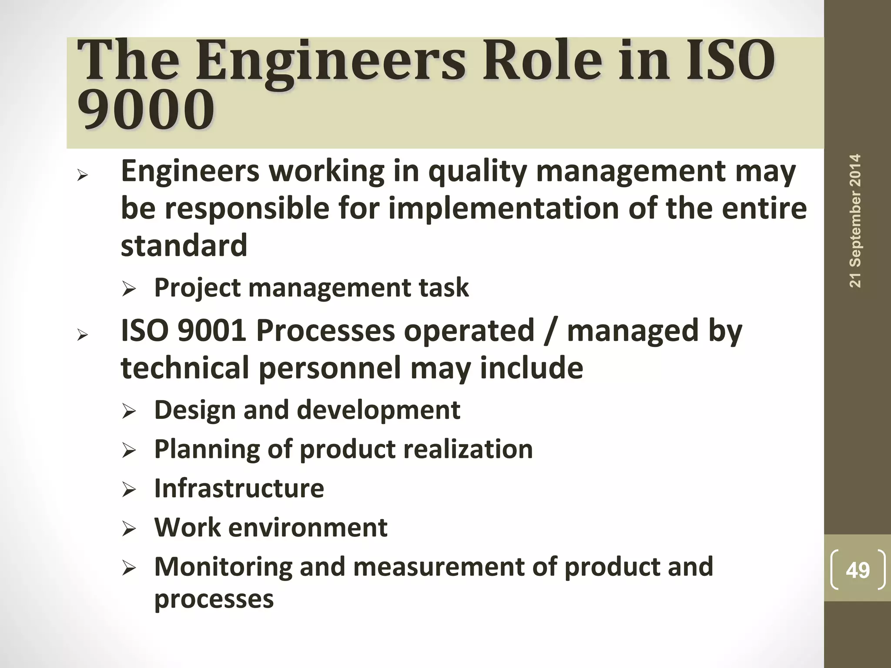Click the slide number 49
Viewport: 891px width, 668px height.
click(x=858, y=570)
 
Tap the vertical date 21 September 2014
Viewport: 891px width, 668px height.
click(x=855, y=221)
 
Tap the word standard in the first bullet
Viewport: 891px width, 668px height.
click(x=184, y=245)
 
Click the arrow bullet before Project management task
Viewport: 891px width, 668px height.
click(x=129, y=289)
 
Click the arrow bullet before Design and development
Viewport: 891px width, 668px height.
click(x=129, y=411)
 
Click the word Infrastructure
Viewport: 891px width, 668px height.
click(x=239, y=488)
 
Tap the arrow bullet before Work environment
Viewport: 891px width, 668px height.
click(x=129, y=529)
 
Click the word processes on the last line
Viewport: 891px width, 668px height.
click(x=214, y=599)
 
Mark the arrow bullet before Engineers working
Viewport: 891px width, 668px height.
click(x=82, y=176)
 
